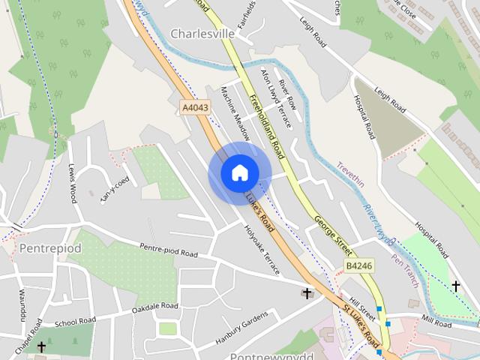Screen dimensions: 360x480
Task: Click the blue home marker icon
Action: tap(240, 172)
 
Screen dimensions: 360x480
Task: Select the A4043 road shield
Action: tap(195, 108)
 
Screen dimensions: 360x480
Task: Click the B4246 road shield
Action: tap(359, 266)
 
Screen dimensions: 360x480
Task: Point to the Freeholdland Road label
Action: tap(267, 126)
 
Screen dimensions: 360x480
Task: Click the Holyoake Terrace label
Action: tap(262, 250)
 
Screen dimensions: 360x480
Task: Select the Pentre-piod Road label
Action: tap(169, 250)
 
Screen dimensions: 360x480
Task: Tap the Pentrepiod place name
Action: tap(50, 247)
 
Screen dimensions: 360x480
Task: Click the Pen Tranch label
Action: tap(405, 271)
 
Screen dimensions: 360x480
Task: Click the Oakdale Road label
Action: tap(154, 307)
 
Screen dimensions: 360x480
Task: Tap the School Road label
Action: tap(75, 321)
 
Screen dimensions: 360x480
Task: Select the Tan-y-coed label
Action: tap(115, 189)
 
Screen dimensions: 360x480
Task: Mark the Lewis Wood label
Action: tap(73, 183)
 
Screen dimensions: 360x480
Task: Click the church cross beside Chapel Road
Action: tap(42, 347)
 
